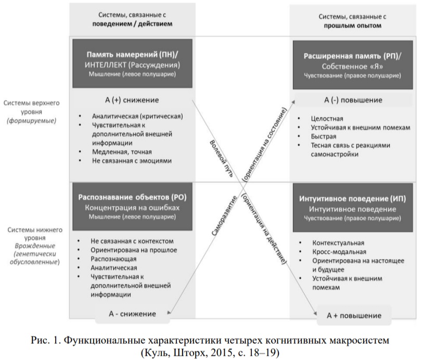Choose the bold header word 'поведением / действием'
[x=132, y=24]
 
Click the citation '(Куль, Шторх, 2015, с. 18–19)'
[x=211, y=351]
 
